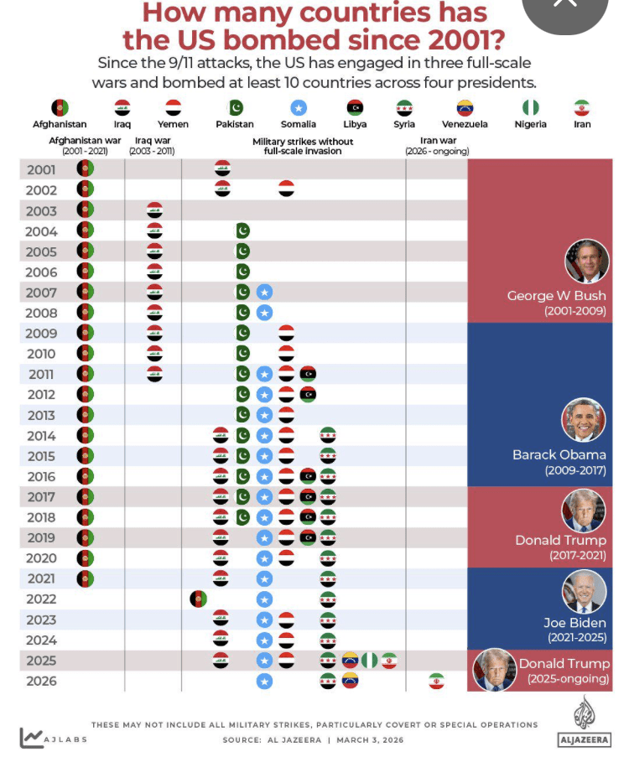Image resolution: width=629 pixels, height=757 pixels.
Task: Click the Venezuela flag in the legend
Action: [465, 108]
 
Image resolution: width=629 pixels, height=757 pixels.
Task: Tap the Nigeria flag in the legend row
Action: [530, 108]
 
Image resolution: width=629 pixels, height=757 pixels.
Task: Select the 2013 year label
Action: [41, 415]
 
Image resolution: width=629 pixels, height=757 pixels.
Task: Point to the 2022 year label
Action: [41, 599]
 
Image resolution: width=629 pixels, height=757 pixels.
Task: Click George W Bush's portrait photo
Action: [586, 261]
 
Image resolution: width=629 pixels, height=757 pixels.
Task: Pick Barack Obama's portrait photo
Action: [584, 420]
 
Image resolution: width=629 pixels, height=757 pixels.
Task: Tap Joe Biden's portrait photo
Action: [584, 591]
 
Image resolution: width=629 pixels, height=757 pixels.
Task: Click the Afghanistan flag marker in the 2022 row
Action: [199, 599]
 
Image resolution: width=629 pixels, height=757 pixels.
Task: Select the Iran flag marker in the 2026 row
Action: [436, 681]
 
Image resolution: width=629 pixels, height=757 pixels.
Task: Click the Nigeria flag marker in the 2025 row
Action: [369, 661]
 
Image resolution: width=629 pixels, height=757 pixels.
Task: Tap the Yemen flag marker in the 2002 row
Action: [286, 189]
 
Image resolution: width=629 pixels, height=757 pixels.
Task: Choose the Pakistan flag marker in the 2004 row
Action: [242, 231]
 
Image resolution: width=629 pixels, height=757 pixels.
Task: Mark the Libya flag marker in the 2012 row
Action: [308, 394]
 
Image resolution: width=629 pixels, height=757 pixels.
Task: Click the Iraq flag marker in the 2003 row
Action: [154, 210]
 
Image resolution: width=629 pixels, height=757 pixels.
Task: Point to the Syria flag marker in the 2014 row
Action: [328, 435]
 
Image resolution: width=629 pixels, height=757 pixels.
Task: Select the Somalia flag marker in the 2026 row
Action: [264, 681]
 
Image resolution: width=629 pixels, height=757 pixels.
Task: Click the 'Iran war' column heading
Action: [436, 146]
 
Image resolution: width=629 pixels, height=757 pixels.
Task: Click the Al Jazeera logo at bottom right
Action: [583, 721]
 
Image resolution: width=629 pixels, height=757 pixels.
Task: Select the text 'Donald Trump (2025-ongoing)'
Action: [564, 671]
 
